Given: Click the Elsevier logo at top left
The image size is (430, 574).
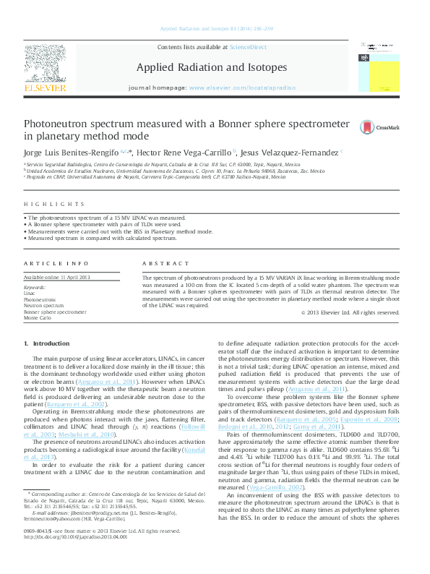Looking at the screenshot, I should tap(46, 69).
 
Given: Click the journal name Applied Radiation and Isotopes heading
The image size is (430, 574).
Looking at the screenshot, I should tap(212, 68).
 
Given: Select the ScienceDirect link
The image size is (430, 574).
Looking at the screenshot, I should tap(247, 47).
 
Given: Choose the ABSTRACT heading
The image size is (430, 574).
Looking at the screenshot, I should tap(161, 264).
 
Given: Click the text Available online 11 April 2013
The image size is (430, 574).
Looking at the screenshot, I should tap(57, 278).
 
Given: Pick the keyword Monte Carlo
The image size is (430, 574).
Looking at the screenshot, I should tap(38, 318).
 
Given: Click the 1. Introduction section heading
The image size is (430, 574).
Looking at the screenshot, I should tap(47, 343).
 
